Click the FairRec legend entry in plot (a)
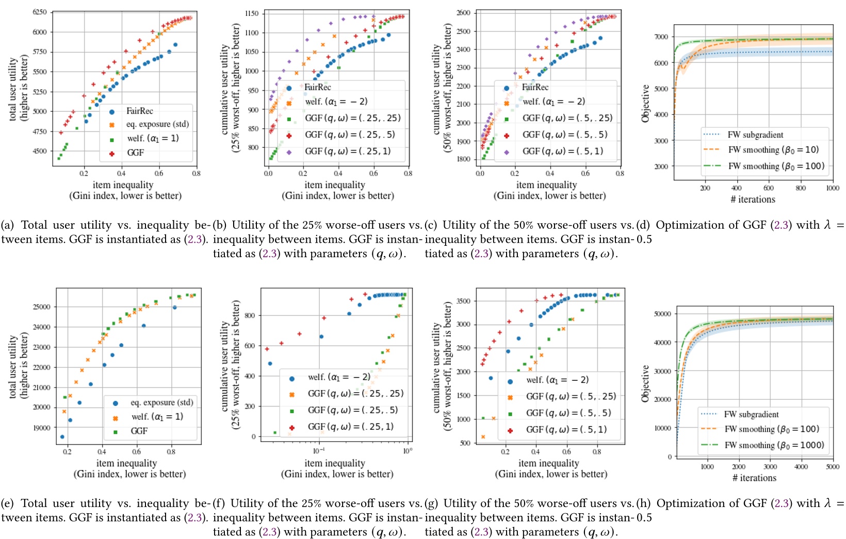[x=139, y=111]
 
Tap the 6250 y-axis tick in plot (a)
[x=40, y=12]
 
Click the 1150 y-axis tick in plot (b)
[x=252, y=14]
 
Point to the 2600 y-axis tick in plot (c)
[x=463, y=13]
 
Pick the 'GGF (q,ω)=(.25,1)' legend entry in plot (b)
[x=348, y=151]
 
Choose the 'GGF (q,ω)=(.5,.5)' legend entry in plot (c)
[x=565, y=135]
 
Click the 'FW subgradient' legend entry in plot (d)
[x=755, y=135]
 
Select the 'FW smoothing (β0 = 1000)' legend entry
[x=774, y=445]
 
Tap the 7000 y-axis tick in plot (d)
[x=661, y=37]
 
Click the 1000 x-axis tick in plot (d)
[x=833, y=188]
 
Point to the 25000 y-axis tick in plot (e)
[x=42, y=307]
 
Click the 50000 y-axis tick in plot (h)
[x=662, y=314]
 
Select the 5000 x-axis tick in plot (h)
[x=833, y=467]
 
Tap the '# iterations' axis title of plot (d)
[x=753, y=199]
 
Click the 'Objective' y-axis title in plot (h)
[x=645, y=384]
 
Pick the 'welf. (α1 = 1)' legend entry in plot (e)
[x=157, y=417]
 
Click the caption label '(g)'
[x=431, y=503]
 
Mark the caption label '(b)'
[x=220, y=225]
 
